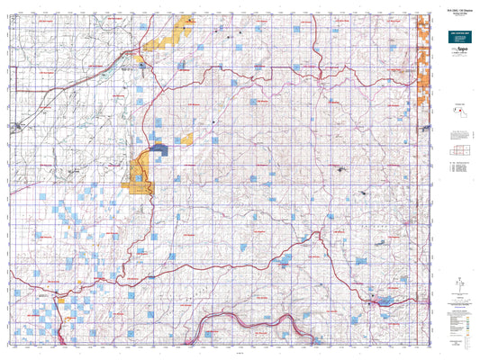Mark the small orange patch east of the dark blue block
pyautogui.click(x=187, y=139)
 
